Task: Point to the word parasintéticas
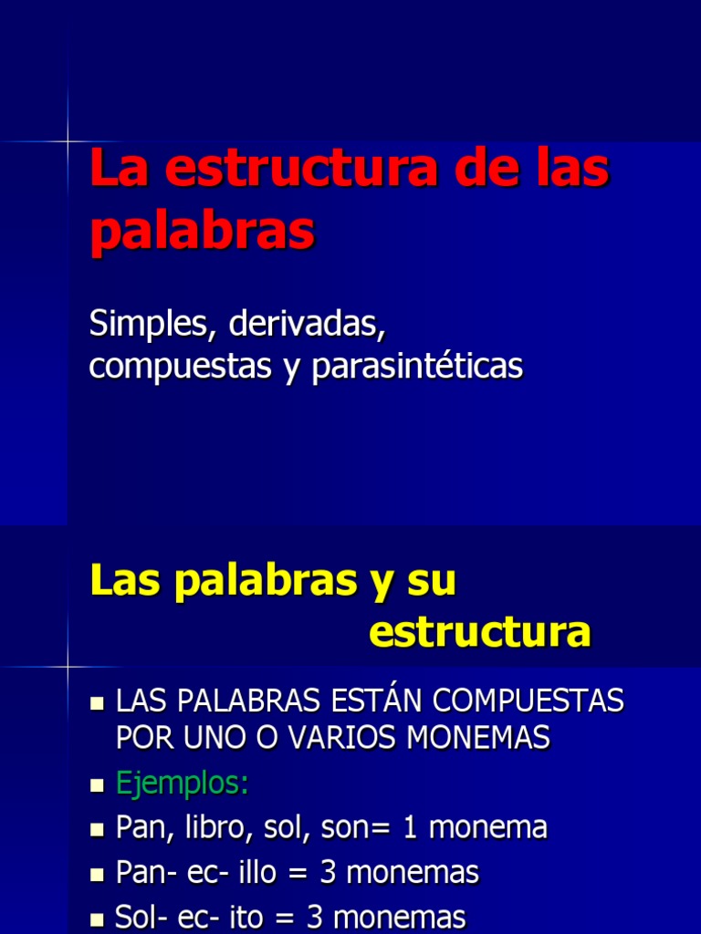417,366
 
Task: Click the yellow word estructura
480,632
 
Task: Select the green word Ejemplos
182,784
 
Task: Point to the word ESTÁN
375,700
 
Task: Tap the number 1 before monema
410,827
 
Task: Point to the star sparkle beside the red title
68,141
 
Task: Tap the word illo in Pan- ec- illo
247,872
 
